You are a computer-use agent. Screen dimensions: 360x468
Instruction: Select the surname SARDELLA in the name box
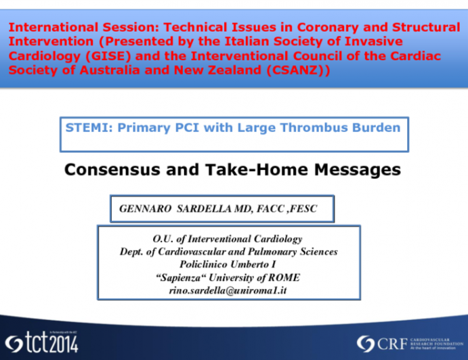tap(203, 209)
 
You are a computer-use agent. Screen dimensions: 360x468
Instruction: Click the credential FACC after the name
tap(269, 209)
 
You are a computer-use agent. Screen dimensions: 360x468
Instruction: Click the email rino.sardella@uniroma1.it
tap(228, 290)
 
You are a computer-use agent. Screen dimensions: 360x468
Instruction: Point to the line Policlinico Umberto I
tap(228, 264)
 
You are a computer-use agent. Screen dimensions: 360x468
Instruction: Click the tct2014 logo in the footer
tap(42, 343)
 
